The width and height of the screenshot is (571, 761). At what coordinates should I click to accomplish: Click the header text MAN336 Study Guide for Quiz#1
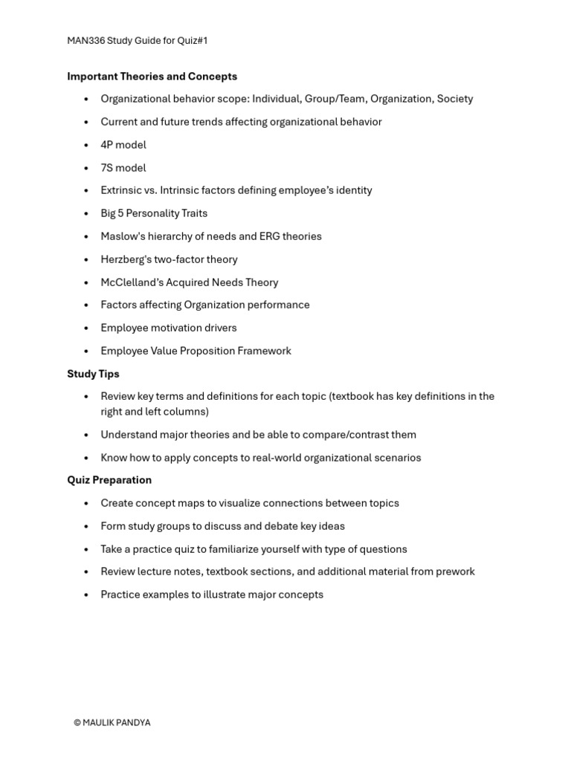point(138,41)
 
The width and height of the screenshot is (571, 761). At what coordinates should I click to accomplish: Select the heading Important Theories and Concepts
point(152,77)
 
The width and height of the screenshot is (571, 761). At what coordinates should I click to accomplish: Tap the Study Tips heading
point(93,374)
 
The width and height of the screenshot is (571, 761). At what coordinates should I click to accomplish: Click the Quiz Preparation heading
point(109,480)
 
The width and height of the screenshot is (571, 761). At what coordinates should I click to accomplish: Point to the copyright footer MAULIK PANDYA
point(112,722)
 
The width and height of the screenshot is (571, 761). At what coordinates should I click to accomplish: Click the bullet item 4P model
point(123,145)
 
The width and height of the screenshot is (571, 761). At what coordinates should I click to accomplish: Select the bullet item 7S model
point(123,168)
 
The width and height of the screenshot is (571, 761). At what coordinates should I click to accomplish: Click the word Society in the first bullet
point(455,99)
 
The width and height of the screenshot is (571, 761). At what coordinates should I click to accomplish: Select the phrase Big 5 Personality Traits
point(154,213)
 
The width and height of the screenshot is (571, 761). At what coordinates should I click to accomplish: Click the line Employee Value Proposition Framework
point(196,351)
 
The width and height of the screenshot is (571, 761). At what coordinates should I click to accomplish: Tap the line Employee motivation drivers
point(169,328)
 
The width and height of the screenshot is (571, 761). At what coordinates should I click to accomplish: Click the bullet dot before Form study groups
point(86,527)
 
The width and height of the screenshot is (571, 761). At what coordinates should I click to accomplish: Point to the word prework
point(455,571)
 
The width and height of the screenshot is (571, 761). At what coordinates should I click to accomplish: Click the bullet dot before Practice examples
point(86,595)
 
